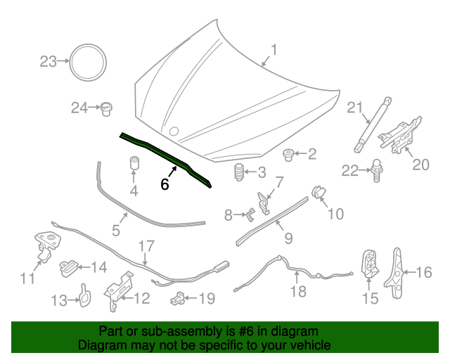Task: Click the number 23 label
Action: point(47,62)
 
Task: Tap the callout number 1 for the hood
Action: point(274,50)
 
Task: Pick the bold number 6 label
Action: point(165,184)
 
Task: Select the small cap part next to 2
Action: point(288,153)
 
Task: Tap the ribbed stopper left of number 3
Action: point(239,172)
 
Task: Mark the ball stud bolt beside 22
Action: point(378,169)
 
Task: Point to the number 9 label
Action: point(288,238)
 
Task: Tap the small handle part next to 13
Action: point(82,295)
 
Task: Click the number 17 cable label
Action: point(145,246)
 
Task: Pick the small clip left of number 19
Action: point(179,298)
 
